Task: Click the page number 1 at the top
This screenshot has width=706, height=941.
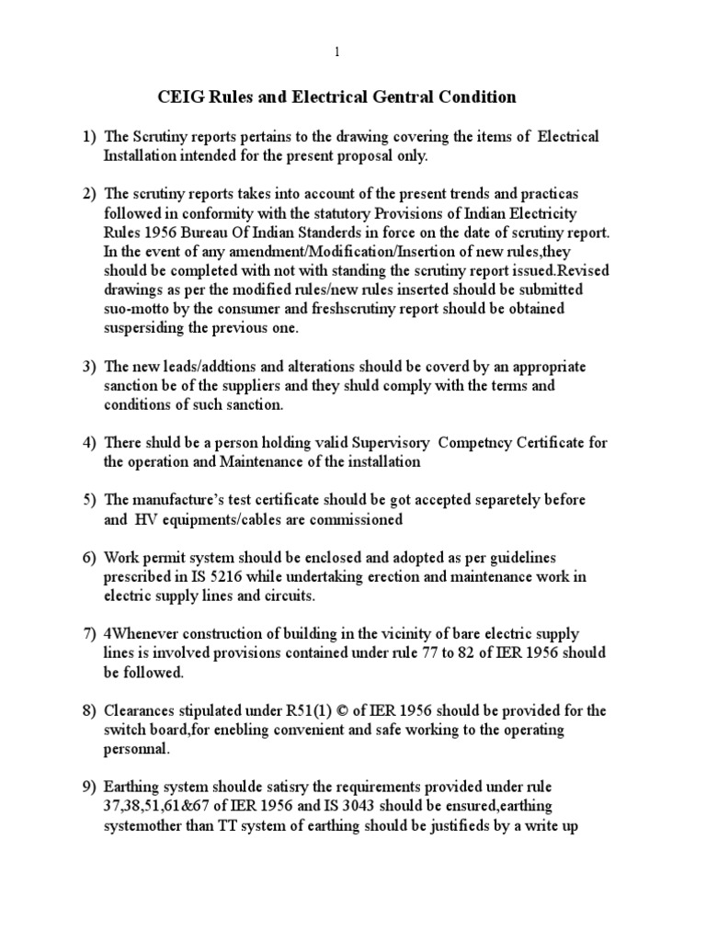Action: [x=337, y=52]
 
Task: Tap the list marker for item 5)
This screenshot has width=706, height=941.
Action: [x=89, y=499]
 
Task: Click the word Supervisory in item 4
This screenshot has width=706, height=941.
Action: [x=354, y=442]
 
